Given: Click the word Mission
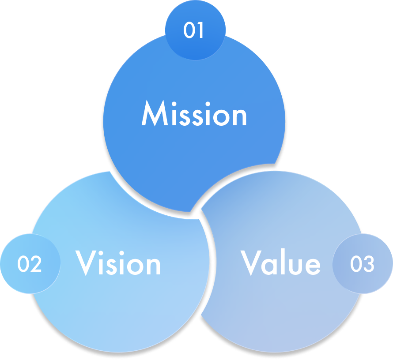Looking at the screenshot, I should pyautogui.click(x=194, y=115).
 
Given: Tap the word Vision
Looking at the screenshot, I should pyautogui.click(x=118, y=263).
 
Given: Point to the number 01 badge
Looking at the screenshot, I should pyautogui.click(x=194, y=31).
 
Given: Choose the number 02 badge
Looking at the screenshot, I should pyautogui.click(x=30, y=264).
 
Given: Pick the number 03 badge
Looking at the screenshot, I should pyautogui.click(x=362, y=264).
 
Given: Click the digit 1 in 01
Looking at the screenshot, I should pyautogui.click(x=200, y=31).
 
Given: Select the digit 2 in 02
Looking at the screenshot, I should pyautogui.click(x=36, y=264).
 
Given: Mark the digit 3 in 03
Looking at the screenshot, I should pyautogui.click(x=368, y=264).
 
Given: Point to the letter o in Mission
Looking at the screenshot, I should pyautogui.click(x=221, y=117).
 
